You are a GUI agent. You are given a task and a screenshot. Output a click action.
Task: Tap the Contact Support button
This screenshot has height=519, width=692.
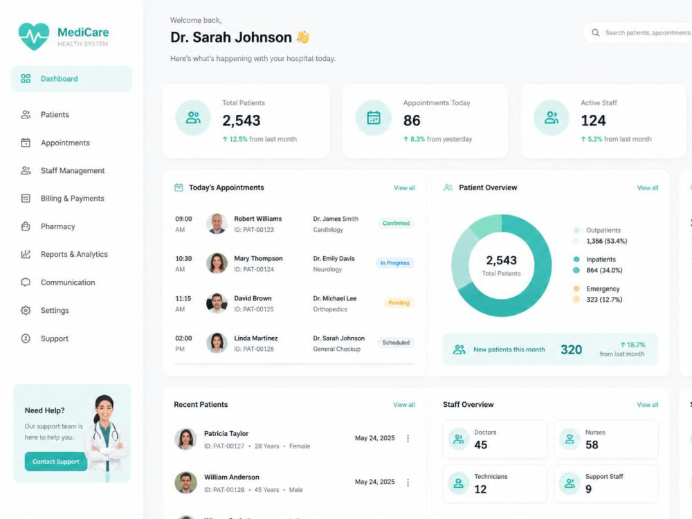coord(56,461)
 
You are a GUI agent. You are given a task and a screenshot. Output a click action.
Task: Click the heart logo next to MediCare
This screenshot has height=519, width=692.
coord(34,36)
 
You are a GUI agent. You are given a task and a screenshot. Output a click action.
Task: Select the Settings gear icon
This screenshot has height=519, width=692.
coord(26,310)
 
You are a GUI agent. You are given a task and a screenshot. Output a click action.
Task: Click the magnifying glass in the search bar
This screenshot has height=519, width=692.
coord(595,33)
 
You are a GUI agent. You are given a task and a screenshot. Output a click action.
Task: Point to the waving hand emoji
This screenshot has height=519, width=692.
coord(303,37)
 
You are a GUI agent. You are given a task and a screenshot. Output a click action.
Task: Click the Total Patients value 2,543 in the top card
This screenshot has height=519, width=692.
coord(241,120)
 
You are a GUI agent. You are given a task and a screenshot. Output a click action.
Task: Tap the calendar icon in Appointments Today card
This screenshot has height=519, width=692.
coord(374,118)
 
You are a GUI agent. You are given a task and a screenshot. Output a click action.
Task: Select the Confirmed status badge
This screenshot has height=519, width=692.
coord(396,224)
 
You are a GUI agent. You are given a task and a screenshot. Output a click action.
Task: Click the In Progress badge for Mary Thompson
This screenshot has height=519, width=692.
coord(394,263)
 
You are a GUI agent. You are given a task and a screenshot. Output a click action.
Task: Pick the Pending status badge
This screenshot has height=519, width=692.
coord(399,303)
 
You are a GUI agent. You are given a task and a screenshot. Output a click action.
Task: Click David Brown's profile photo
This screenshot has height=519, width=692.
coord(217,303)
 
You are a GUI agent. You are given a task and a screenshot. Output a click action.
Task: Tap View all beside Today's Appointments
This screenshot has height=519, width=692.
coord(404,188)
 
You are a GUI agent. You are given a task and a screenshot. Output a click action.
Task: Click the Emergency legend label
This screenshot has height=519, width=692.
coord(603,289)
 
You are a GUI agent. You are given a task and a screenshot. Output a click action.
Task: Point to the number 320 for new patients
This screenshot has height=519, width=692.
coord(571,349)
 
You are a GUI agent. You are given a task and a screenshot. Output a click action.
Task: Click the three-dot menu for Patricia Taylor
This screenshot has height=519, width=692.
coord(408,438)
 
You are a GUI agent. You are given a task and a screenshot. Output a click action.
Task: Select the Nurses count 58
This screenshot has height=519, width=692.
coord(592,445)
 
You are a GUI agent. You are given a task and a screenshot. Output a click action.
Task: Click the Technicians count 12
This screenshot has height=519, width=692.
coord(480,489)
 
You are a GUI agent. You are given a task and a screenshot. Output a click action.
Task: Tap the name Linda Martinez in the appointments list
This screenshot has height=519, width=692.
coord(256,338)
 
